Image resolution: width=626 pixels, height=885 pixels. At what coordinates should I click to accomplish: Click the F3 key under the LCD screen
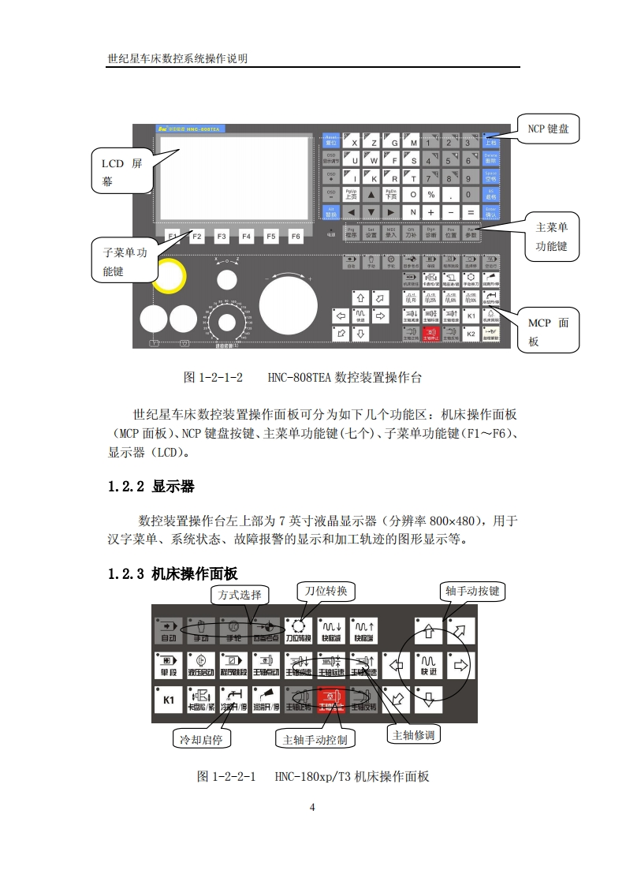pos(222,236)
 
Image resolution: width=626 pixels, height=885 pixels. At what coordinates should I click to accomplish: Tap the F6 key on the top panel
pos(296,236)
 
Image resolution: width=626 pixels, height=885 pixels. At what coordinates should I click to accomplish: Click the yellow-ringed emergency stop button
pos(168,275)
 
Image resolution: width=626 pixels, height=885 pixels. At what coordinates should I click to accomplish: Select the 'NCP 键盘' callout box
pos(548,129)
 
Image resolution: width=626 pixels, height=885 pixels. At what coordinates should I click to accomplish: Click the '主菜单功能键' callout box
pos(551,237)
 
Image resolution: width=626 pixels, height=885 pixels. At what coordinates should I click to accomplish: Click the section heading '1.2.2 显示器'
pos(151,487)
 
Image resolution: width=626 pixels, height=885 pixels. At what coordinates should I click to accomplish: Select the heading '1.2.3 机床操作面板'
pos(173,573)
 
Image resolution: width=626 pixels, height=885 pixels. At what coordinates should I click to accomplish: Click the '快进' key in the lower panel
pos(428,664)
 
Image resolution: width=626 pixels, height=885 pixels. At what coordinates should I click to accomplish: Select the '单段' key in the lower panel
pos(168,665)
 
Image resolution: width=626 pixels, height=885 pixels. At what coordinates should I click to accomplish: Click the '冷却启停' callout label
pos(201,739)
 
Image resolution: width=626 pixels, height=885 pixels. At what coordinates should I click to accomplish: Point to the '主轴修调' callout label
pos(415,734)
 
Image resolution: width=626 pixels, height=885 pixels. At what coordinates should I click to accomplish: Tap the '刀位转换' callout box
pos(326,591)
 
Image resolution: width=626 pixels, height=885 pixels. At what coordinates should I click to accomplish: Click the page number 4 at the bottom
pos(313,807)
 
